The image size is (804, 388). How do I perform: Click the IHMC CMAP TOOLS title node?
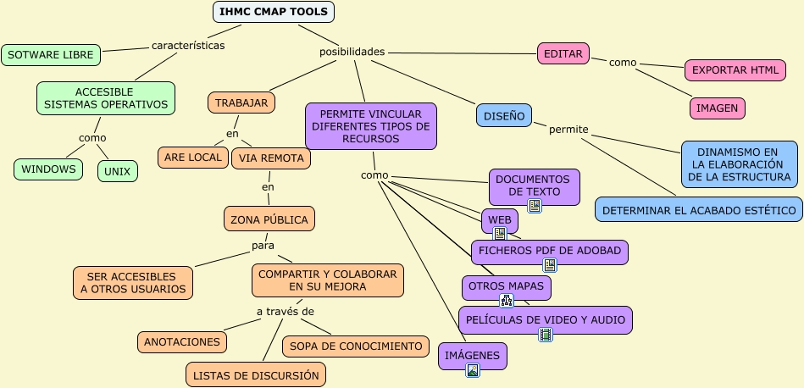point(274,12)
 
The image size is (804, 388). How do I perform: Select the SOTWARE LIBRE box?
point(51,55)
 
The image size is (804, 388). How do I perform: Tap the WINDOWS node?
point(48,169)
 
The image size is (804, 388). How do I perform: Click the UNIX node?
point(117,171)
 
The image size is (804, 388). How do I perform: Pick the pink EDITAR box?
point(563,53)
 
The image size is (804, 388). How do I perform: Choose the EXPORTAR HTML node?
point(735,70)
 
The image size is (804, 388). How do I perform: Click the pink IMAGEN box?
point(717,108)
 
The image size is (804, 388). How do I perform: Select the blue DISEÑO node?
point(504,115)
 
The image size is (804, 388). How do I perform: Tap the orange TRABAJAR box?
point(241,103)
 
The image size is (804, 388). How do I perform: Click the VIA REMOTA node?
point(270,158)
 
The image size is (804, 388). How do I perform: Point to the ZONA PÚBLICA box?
point(269,219)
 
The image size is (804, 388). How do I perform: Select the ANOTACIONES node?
point(182,342)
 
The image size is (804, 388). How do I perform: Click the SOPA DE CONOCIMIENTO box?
point(355,346)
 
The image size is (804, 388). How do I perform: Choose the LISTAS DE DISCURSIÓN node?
point(256,374)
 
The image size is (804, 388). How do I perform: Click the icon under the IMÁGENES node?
point(473,370)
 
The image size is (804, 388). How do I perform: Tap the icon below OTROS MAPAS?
point(507,301)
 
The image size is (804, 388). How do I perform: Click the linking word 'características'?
point(188,46)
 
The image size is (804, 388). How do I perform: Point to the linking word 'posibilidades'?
point(352,52)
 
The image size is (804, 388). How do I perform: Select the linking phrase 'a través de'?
point(285,312)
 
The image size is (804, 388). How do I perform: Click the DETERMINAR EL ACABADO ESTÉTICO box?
point(699,209)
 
